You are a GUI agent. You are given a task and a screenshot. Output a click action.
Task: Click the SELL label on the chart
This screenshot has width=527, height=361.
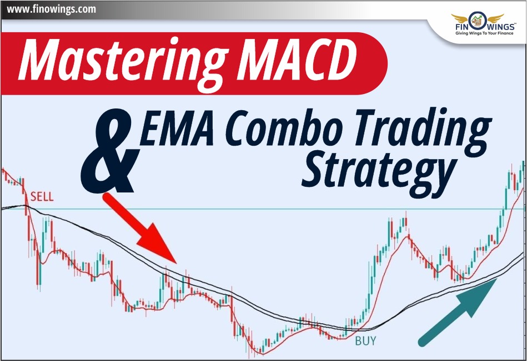click(42, 196)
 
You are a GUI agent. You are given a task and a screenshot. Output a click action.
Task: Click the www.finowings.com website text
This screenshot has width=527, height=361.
click(49, 9)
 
